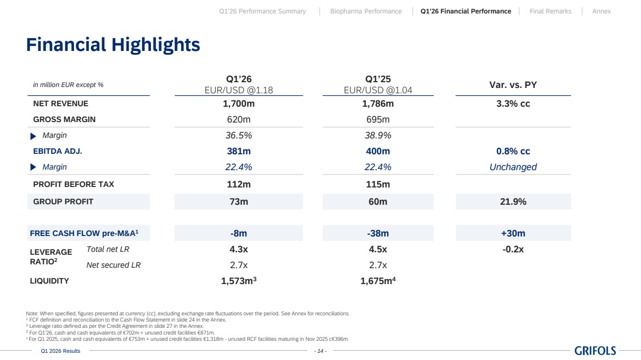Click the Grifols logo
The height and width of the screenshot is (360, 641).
click(595, 350)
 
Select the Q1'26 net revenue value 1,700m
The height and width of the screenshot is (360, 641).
click(239, 103)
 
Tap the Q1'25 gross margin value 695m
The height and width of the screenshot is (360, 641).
click(378, 119)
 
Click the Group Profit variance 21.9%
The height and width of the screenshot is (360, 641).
click(513, 201)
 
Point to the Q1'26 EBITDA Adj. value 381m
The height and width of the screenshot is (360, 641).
click(239, 151)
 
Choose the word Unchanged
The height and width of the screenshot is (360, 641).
click(513, 167)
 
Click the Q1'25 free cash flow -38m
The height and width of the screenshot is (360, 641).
click(378, 233)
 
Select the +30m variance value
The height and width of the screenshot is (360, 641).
click(513, 233)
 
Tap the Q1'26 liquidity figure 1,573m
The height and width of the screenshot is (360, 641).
click(239, 281)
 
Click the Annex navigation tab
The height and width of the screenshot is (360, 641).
click(602, 11)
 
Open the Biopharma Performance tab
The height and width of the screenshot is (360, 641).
click(366, 11)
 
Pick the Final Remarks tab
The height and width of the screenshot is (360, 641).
click(551, 11)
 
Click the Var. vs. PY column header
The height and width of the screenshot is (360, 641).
click(513, 85)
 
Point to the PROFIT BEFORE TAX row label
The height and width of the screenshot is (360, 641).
click(74, 184)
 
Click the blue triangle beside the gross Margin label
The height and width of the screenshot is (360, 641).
click(33, 136)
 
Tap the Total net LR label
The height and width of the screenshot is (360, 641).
click(108, 249)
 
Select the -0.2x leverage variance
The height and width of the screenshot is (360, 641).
click(513, 249)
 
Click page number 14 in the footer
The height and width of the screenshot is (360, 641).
click(320, 351)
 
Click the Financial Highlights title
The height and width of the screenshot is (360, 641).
click(113, 45)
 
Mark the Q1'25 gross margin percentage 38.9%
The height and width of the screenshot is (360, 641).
click(378, 135)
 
